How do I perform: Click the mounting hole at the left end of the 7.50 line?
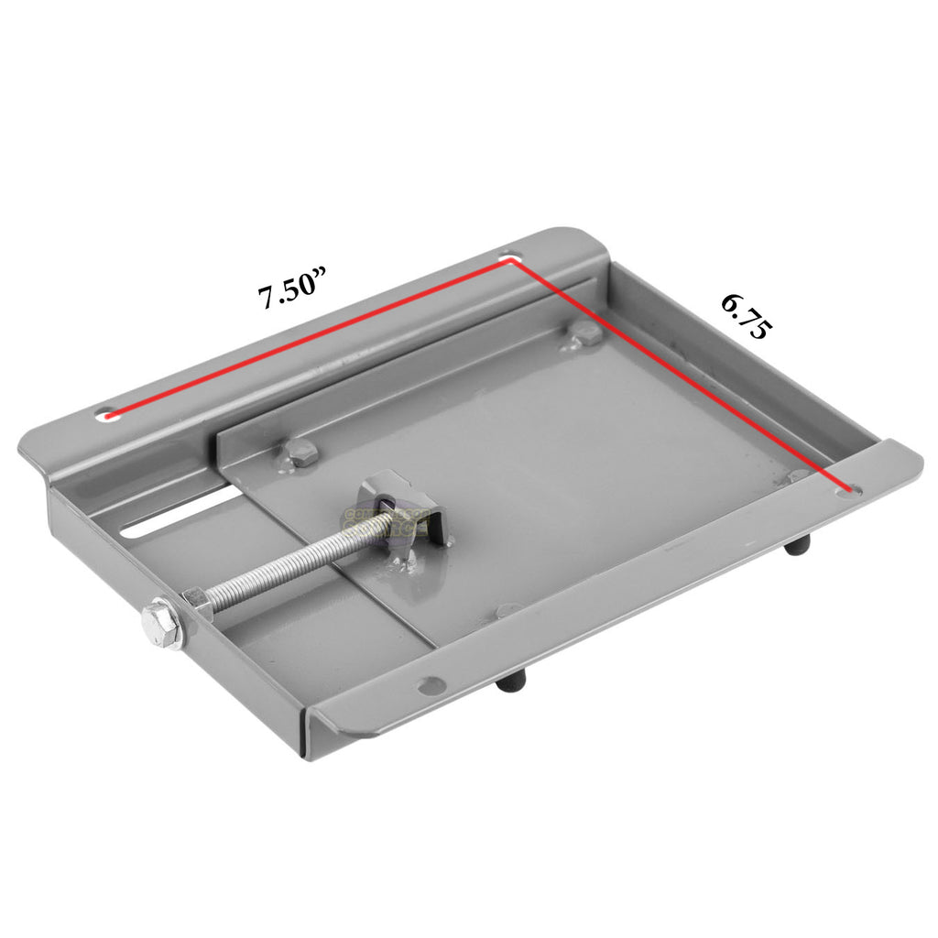point(108,415)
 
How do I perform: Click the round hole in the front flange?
point(429,683)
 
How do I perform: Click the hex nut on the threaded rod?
point(197,605)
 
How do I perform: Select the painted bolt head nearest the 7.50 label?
point(300,452)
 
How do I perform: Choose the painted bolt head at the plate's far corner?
point(584,335)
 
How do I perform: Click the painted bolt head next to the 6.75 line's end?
point(799,476)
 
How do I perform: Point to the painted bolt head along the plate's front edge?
point(507,609)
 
